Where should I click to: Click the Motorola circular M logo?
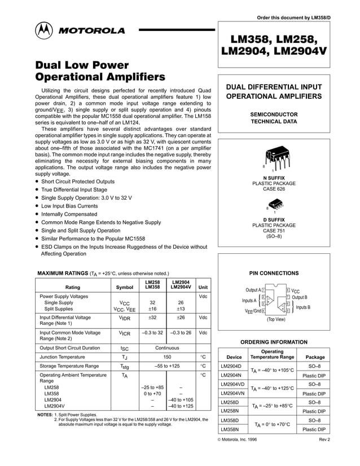tap(45, 30)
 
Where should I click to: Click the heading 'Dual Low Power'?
tap(82, 65)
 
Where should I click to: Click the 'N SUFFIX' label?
tap(274, 178)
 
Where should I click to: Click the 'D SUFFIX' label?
tap(274, 219)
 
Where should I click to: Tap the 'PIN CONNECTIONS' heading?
tap(274, 273)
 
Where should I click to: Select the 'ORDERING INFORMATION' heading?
tap(274, 342)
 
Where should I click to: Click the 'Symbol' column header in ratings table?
tap(124, 287)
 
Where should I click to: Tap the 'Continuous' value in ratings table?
tap(166, 348)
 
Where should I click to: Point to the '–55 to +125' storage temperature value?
tap(166, 366)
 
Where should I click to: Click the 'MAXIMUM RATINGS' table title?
tap(62, 273)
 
